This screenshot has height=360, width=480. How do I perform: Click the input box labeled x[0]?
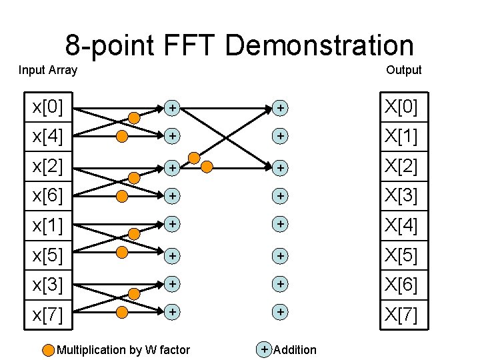pyautogui.click(x=49, y=107)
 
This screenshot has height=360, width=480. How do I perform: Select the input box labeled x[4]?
pyautogui.click(x=49, y=137)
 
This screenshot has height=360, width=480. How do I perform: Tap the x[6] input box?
pyautogui.click(x=49, y=196)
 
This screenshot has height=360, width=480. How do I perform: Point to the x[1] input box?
pyautogui.click(x=49, y=225)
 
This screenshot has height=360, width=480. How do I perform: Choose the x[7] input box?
pyautogui.click(x=49, y=314)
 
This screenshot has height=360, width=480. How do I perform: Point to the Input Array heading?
pyautogui.click(x=48, y=70)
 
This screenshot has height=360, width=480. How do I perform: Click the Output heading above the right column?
pyautogui.click(x=403, y=70)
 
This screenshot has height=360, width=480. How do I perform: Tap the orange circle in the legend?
pyautogui.click(x=49, y=350)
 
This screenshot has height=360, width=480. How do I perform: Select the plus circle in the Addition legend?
pyautogui.click(x=265, y=349)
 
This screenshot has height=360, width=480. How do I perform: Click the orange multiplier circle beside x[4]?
pyautogui.click(x=122, y=137)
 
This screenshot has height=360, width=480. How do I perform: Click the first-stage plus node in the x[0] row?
pyautogui.click(x=172, y=107)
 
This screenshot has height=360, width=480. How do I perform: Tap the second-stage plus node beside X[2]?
pyautogui.click(x=281, y=167)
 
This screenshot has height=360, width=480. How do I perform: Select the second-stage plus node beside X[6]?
pyautogui.click(x=281, y=285)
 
